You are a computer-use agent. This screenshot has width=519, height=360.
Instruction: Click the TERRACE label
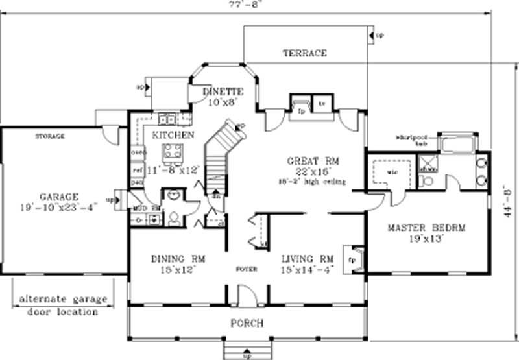point(304,53)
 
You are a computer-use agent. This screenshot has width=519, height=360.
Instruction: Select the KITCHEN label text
point(173,135)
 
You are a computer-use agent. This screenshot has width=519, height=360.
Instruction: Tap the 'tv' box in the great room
point(321,104)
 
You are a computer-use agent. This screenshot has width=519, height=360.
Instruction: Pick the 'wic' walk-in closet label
point(392,173)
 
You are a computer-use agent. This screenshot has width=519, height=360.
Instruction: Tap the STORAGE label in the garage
point(49,137)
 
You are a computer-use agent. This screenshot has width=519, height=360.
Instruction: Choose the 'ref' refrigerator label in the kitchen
point(138,169)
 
